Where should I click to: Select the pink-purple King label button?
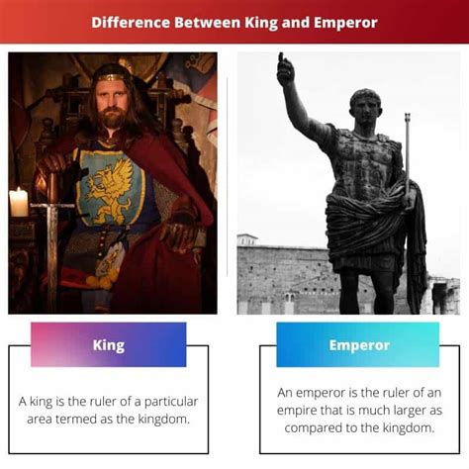click(108, 345)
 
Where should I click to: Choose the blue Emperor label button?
click(357, 345)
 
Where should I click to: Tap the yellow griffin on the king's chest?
click(112, 186)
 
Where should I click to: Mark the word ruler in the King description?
click(98, 402)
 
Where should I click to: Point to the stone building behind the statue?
click(277, 277)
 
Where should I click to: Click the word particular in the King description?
click(171, 402)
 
